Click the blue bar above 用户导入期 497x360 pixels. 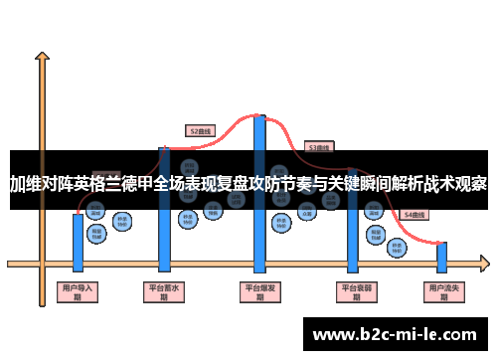click(x=78, y=240)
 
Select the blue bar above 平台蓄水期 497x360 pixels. click(x=165, y=239)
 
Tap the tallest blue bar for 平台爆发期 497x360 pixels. click(x=259, y=239)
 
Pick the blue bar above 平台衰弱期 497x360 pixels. click(x=352, y=239)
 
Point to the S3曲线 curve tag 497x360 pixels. click(x=319, y=146)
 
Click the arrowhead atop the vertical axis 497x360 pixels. click(x=42, y=57)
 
